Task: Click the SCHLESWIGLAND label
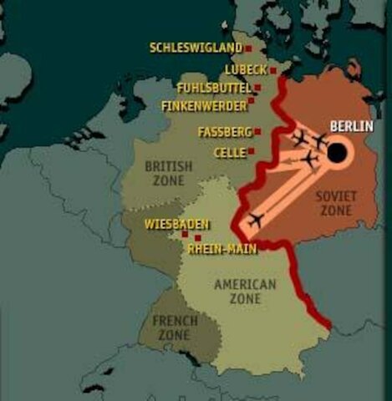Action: point(196,48)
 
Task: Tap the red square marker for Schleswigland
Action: point(248,48)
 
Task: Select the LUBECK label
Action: point(245,69)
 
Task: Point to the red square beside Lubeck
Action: point(272,70)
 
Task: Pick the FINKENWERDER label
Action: point(204,106)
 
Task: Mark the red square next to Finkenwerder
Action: point(252,101)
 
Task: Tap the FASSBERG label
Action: point(224,132)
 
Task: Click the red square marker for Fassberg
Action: point(257,131)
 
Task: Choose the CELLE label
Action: point(229,153)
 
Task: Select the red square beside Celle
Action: point(252,152)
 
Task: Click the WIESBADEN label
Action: point(176,224)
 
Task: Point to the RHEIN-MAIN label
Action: point(221,248)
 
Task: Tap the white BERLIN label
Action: point(351,126)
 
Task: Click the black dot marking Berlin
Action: point(336,153)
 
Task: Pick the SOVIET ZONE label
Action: point(335,202)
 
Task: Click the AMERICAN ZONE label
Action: point(245,292)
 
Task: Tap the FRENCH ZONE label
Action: point(175,327)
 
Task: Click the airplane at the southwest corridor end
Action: point(256,221)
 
